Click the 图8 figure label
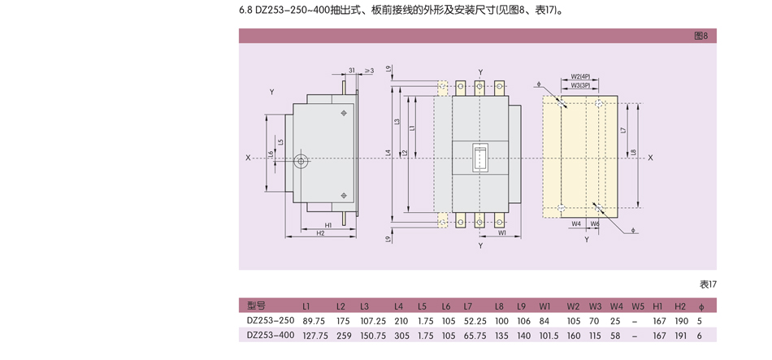[x=700, y=36]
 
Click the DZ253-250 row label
[x=271, y=320]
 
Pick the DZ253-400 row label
[x=271, y=335]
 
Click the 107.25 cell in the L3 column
[x=373, y=320]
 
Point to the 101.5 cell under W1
[x=549, y=335]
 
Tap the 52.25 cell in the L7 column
[x=475, y=320]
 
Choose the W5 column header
[x=638, y=306]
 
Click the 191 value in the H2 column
[x=680, y=335]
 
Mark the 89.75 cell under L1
[x=314, y=320]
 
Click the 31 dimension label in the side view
[x=352, y=71]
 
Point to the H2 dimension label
[x=320, y=233]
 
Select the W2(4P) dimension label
[x=580, y=76]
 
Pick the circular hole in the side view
[x=302, y=161]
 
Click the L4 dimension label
[x=389, y=152]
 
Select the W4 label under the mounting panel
[x=575, y=223]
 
